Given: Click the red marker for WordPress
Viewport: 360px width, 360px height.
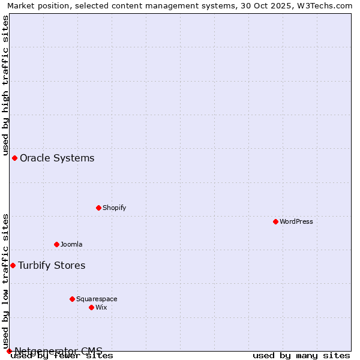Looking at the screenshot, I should [275, 221].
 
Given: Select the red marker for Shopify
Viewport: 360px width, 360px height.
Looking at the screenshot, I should [98, 208].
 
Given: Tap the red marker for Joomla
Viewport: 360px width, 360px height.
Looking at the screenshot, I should [56, 244].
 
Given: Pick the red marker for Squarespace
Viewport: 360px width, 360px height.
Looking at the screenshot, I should [72, 299].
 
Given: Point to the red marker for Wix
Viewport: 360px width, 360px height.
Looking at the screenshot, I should [91, 307].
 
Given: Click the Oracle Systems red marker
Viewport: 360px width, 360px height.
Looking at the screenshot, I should [14, 158].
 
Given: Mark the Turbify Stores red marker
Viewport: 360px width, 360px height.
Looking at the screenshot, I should [13, 265].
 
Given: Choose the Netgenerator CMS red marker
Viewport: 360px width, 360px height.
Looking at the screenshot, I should [9, 351].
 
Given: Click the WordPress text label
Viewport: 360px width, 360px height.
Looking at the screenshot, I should [296, 221].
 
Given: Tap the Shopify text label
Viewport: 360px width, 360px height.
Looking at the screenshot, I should [115, 208].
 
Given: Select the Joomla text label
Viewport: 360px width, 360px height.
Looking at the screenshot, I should [71, 244].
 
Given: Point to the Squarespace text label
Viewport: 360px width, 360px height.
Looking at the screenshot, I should [97, 299].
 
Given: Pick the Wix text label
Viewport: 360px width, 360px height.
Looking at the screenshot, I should [101, 307].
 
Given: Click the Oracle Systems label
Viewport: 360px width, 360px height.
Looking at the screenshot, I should [57, 158].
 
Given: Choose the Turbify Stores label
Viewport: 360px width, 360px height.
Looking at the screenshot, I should [52, 265].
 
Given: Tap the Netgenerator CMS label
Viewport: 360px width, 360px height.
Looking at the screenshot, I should [58, 350].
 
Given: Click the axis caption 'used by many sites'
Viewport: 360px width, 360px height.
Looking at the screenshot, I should [301, 356].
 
